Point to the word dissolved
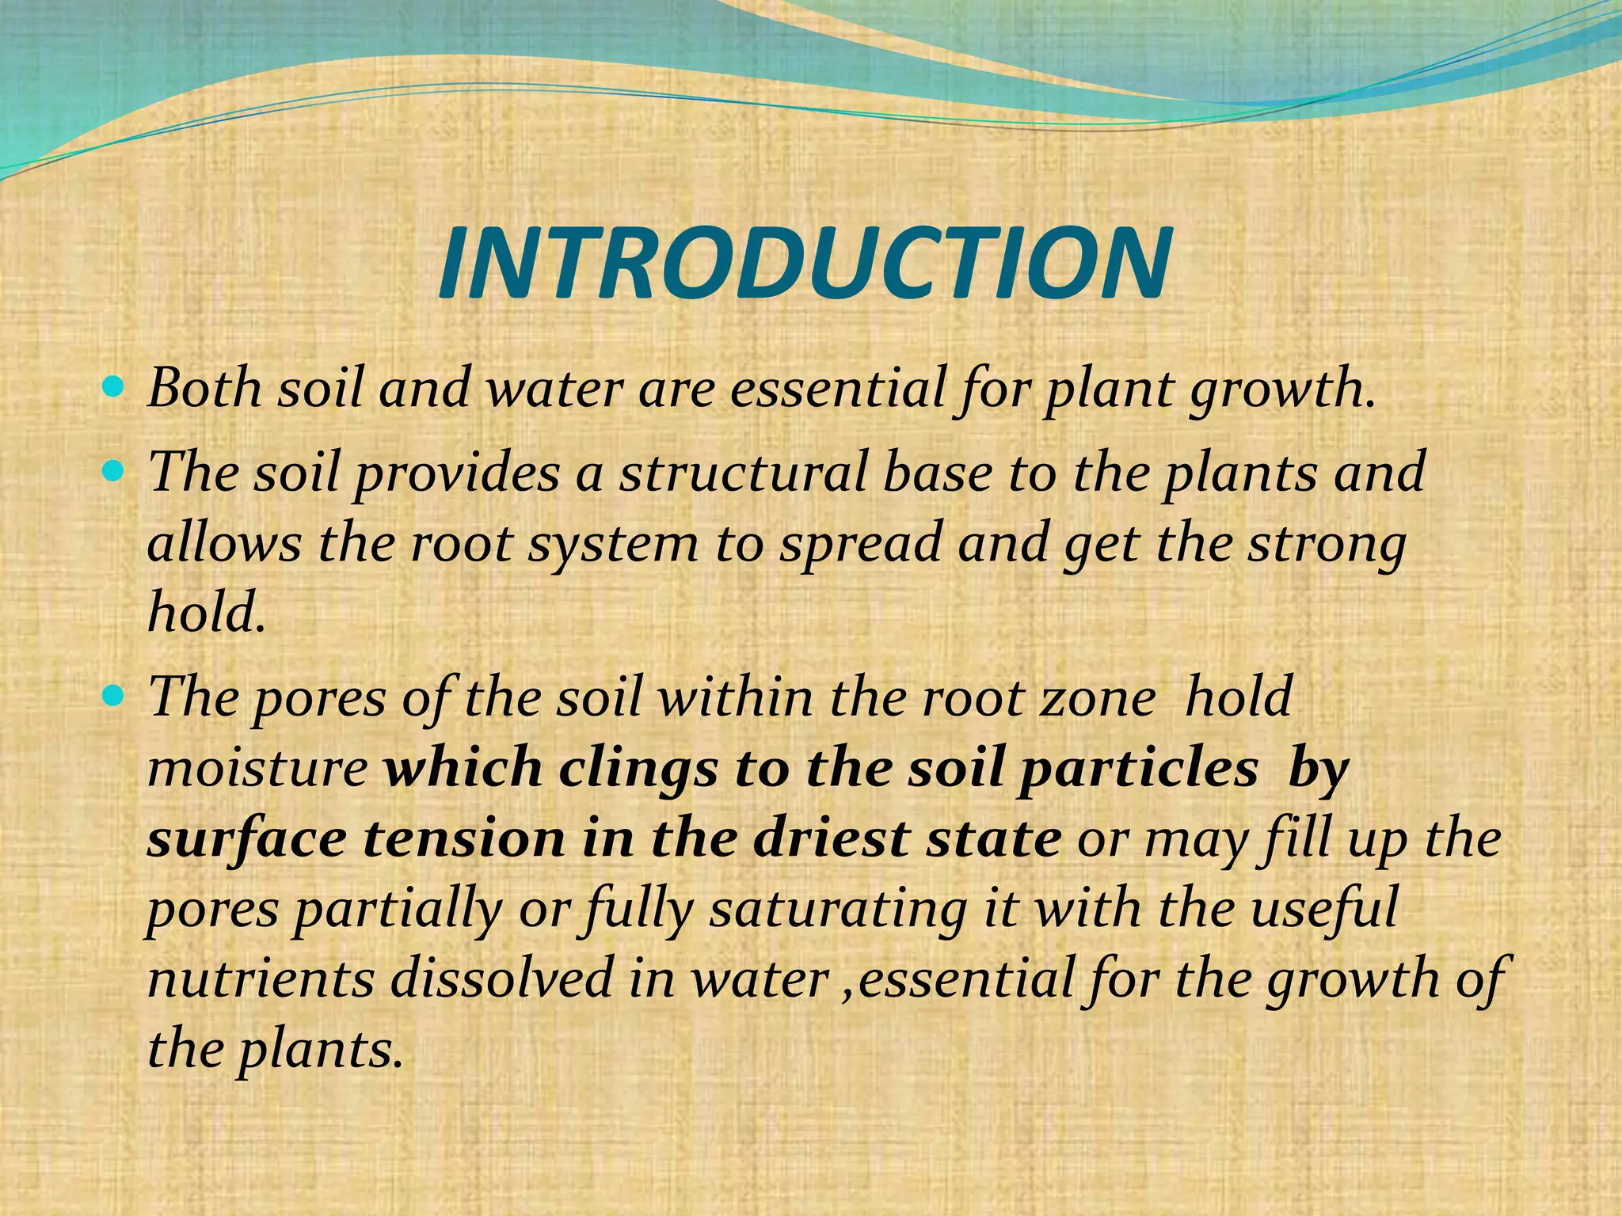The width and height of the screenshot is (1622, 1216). coord(502,979)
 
